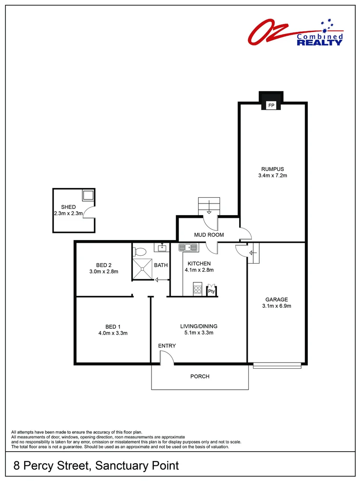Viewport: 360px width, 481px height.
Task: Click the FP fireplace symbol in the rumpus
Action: (271, 106)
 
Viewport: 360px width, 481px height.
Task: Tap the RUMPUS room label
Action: (273, 169)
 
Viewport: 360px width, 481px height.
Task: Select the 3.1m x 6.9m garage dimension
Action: (276, 306)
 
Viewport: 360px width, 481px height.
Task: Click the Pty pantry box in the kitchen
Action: (212, 291)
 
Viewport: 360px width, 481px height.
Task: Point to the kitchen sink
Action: (188, 247)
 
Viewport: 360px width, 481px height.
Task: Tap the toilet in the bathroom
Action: (139, 251)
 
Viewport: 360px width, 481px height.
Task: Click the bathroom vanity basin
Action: (161, 247)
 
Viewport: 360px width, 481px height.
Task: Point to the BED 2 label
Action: (103, 265)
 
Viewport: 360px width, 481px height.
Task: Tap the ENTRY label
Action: (167, 346)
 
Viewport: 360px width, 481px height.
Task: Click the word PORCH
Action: (200, 376)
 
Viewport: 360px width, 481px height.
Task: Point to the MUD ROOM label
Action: (209, 235)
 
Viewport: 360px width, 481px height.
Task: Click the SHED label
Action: (69, 207)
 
